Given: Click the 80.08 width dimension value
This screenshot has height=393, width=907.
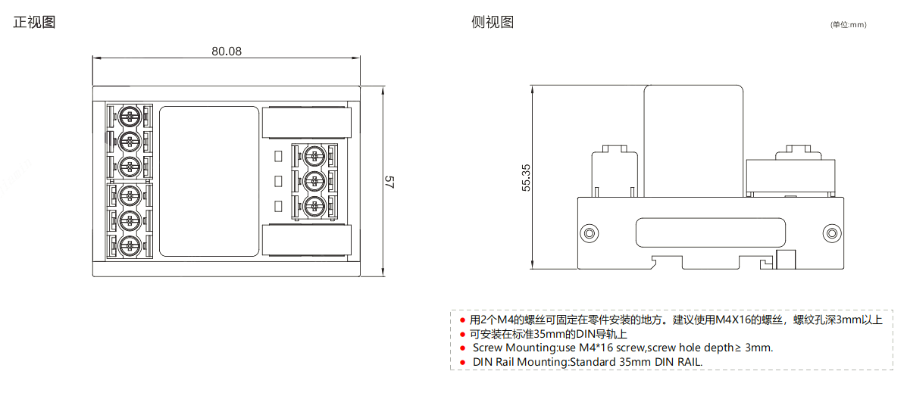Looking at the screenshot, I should pos(227,51).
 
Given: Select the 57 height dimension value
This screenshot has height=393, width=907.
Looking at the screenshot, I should pos(389,182).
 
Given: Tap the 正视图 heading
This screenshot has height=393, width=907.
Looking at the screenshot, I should pos(34,22).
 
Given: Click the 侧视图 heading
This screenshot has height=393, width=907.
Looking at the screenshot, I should pos(493,22).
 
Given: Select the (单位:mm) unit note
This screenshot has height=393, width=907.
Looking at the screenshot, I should pos(848,25).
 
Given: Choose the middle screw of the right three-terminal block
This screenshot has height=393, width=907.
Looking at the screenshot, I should pos(314,180).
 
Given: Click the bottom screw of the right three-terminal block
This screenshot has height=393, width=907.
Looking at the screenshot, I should pos(314,204).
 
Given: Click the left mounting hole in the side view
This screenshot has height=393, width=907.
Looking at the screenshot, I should pos(588,232).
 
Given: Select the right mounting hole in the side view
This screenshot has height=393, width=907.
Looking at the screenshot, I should pos(831,232).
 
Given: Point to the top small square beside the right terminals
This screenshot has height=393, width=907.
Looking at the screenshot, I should pos(278,156).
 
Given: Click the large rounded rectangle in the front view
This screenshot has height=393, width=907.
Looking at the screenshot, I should pos(209,180).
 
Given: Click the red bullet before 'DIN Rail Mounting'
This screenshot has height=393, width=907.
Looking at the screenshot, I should pos(462,362).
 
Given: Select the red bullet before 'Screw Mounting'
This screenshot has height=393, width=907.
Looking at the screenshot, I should pos(462,348).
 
